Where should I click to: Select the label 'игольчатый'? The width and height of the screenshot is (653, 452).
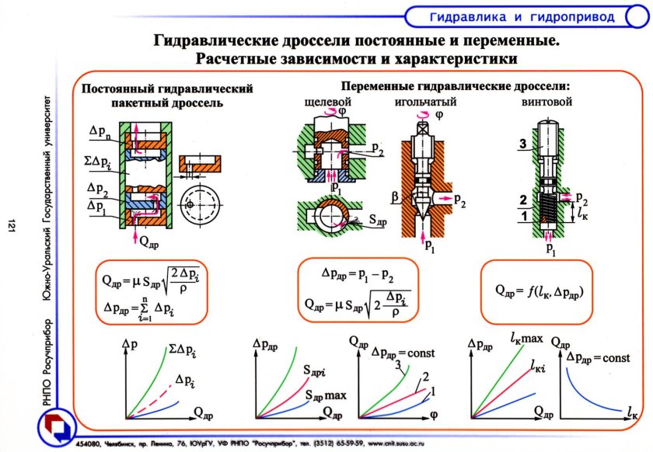[424, 102]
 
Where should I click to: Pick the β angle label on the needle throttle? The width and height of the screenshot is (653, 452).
[395, 200]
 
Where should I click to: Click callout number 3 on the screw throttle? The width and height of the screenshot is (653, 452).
[524, 144]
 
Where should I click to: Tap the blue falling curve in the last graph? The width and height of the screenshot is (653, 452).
[579, 388]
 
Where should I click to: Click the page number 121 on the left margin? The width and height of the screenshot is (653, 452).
[12, 225]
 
